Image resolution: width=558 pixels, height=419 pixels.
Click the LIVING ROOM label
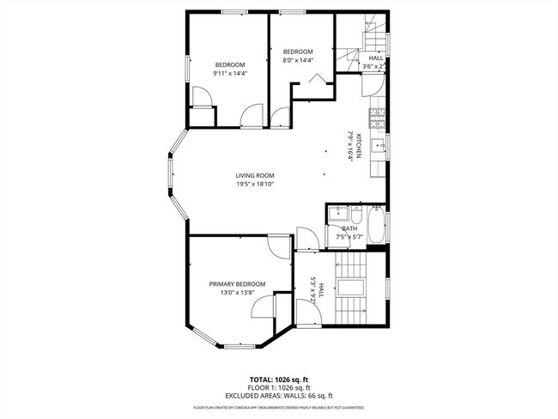point(255,175)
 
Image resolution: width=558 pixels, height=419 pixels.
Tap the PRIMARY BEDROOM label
point(237,284)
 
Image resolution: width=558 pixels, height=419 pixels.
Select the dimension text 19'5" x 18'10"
point(255,184)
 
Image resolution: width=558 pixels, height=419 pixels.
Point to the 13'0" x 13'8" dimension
point(237,293)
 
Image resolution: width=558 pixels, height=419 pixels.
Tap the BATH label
point(349,228)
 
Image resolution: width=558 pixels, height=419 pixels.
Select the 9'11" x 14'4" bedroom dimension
point(229,74)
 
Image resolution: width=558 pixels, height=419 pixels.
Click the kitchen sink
point(378,146)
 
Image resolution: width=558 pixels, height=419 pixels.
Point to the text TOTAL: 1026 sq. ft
point(278,378)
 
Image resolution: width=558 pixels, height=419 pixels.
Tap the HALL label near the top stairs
point(376,58)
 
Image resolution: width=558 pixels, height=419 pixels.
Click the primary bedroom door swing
point(279,246)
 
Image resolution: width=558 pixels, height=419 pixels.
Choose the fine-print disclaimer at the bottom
point(278,407)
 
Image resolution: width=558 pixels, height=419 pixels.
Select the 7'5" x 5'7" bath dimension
point(349,236)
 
